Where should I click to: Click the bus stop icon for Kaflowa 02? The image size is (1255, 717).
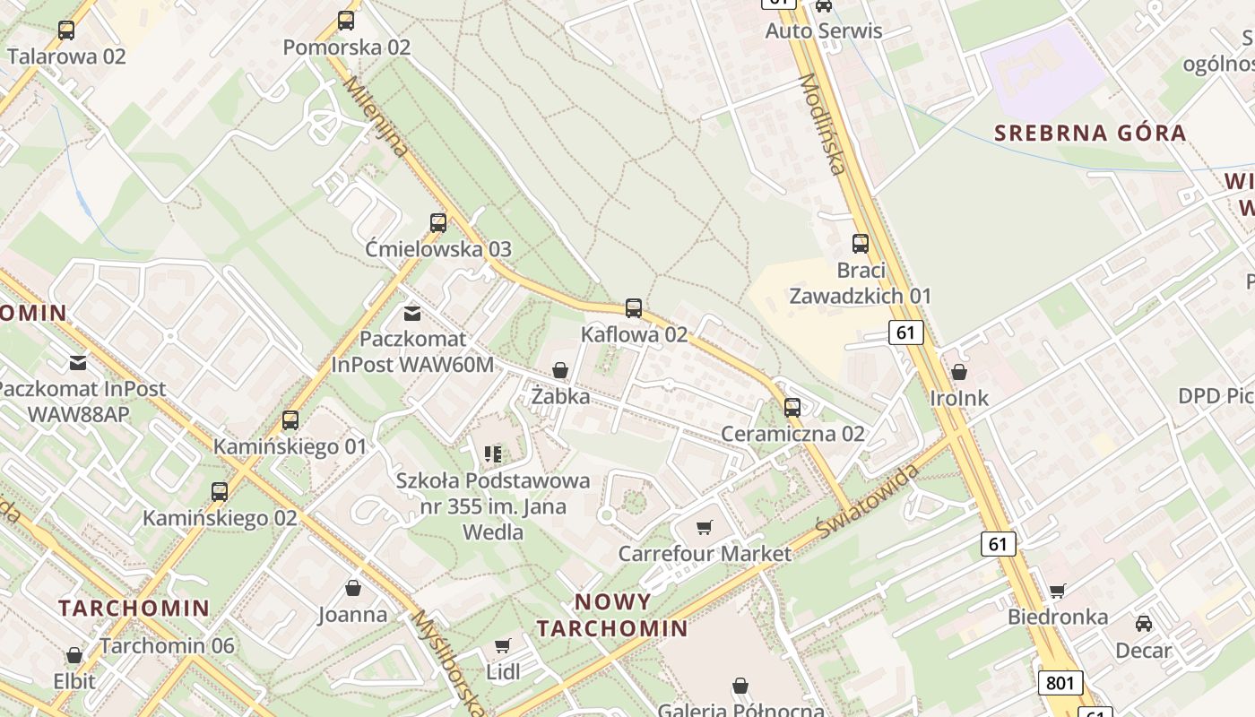coord(634,308)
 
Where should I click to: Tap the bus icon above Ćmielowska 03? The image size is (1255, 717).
coord(438,223)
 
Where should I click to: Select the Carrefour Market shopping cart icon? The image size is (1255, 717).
coord(705,527)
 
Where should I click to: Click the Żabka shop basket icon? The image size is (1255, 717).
coord(560,370)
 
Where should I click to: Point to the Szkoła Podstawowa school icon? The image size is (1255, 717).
coord(493,454)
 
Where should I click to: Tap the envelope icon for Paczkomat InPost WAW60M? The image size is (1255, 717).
coord(411,313)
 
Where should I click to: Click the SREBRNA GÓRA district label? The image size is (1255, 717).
coord(1090,134)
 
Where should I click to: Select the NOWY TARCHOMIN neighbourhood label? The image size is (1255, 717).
coord(612,615)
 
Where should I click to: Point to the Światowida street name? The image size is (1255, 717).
coord(868,503)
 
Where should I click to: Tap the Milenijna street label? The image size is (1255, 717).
coord(377,117)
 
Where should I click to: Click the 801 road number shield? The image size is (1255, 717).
coord(1060,683)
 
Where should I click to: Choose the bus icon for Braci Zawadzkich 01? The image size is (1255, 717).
coord(861,244)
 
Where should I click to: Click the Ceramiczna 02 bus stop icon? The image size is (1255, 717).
coord(792,408)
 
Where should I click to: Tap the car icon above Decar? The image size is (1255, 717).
coord(1144,624)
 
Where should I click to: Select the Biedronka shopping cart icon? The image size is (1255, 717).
coord(1058,591)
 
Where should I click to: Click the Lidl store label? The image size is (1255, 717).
coord(503,671)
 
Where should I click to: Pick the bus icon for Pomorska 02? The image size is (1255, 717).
coord(346,21)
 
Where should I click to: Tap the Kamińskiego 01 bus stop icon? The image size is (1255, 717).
coord(290,420)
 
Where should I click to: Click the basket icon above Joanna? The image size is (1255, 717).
coord(353,588)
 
